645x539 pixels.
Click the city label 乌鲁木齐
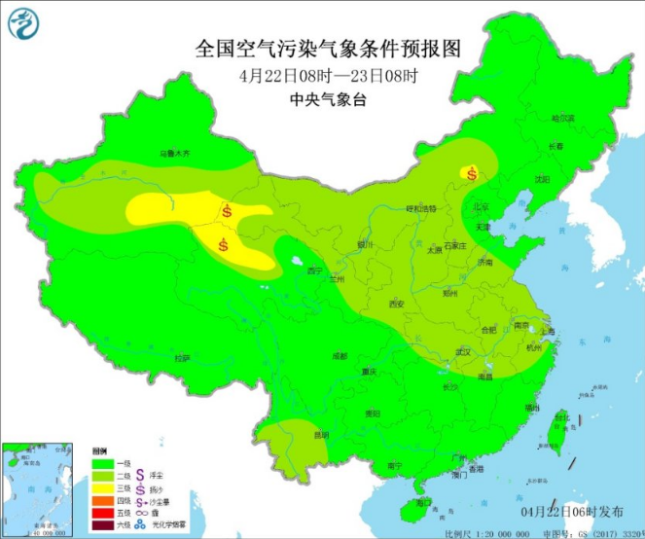(175, 154)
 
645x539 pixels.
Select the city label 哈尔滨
(563, 119)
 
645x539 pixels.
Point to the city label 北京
(481, 206)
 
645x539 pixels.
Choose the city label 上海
(547, 331)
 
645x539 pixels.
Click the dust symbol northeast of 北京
(472, 174)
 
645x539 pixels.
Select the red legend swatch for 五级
(100, 512)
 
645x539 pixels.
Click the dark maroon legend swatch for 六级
(100, 524)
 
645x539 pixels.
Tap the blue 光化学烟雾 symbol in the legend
(141, 524)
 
